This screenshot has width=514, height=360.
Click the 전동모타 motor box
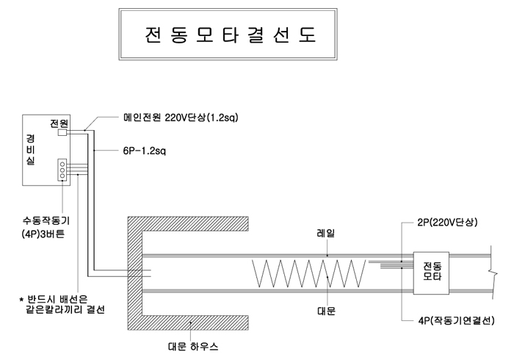pyautogui.click(x=431, y=270)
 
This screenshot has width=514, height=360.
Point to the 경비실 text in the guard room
pyautogui.click(x=31, y=150)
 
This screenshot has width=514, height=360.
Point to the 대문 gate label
pyautogui.click(x=325, y=311)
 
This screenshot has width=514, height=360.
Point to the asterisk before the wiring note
pyautogui.click(x=22, y=300)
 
